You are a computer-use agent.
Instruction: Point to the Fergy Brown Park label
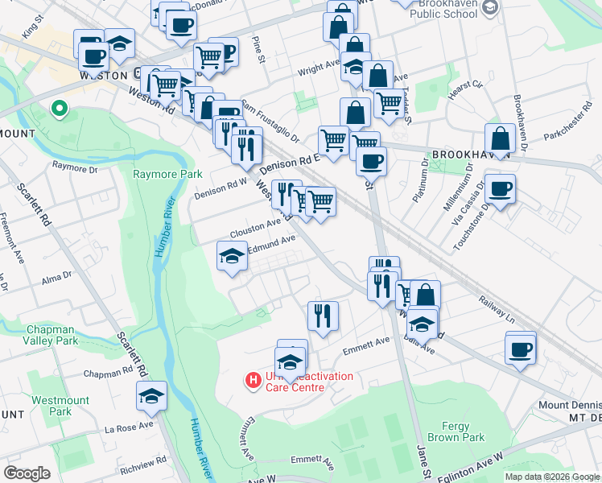[x=464, y=431]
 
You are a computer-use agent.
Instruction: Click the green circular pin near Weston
[x=58, y=109]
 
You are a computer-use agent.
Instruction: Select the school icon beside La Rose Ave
[x=151, y=395]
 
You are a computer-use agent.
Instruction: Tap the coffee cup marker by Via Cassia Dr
[x=500, y=189]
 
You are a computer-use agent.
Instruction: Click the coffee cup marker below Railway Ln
[x=521, y=349]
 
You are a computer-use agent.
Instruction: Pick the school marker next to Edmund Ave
[x=233, y=256]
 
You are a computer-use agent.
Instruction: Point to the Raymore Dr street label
[x=74, y=168]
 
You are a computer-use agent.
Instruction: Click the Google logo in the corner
[x=27, y=473]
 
